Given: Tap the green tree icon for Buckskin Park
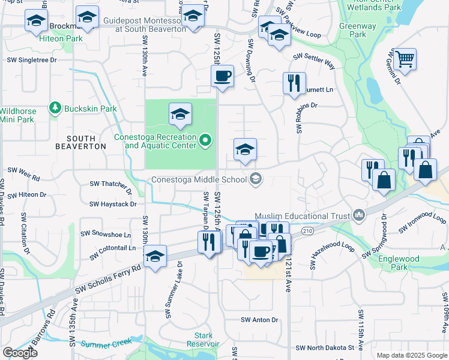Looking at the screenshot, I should [x=56, y=108].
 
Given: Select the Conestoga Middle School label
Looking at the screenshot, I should [x=198, y=179].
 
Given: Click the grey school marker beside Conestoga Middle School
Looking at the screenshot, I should [x=256, y=178].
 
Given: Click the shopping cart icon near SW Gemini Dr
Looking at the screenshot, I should [x=406, y=59].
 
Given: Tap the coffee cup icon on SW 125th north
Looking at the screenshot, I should [x=222, y=76].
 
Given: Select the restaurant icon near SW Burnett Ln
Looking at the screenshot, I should [x=294, y=83].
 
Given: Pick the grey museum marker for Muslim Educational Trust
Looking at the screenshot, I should [x=359, y=214].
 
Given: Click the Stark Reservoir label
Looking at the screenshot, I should [x=203, y=340].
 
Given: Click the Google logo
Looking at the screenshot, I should [x=20, y=352].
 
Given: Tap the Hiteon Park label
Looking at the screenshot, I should [x=60, y=38].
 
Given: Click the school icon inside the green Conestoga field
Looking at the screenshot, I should [x=179, y=114].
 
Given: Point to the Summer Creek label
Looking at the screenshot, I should [x=106, y=344].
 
